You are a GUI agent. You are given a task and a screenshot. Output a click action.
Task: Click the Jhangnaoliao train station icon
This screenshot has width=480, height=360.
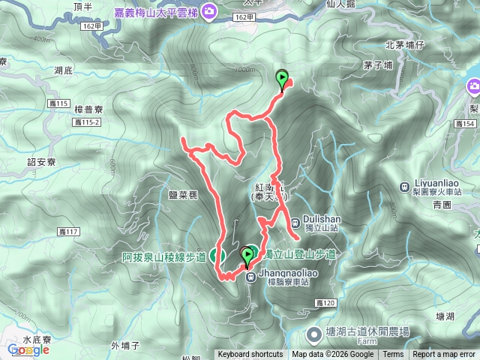point(251,276)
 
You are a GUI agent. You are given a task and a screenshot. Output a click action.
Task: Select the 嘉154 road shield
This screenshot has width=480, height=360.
point(469,122)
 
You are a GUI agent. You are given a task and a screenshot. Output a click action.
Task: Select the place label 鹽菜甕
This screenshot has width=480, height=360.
point(182,194)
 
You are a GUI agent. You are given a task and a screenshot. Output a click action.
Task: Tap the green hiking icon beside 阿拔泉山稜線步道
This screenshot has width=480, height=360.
point(217,256)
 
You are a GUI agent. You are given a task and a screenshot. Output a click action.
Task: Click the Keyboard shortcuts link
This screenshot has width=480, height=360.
point(250,355)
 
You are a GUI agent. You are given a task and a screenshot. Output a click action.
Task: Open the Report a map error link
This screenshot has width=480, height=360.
point(445,355)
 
